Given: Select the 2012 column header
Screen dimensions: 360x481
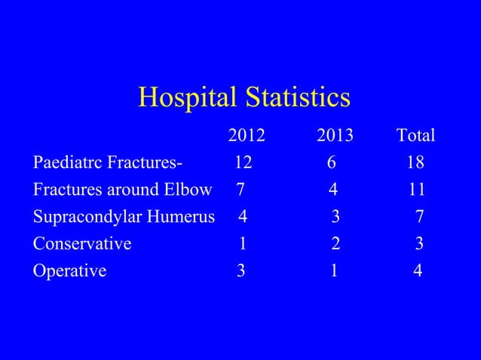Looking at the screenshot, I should click(x=247, y=136).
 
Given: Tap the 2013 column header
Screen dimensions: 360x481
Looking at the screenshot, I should click(x=335, y=136).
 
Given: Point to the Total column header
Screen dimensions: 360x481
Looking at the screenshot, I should click(x=416, y=136).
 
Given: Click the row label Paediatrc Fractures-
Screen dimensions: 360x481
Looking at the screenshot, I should click(x=108, y=163).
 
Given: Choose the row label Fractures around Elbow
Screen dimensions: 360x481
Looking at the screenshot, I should click(x=122, y=190).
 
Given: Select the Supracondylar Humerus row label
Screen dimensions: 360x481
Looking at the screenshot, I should click(x=124, y=217).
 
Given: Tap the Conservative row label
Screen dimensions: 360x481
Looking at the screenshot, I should click(x=82, y=244).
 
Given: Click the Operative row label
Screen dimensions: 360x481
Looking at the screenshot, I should click(x=69, y=271).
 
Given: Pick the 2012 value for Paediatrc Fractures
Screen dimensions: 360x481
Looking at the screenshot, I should click(x=243, y=163).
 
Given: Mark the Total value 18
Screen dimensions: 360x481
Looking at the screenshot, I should click(x=415, y=163).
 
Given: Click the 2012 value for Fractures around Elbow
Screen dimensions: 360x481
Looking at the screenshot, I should click(x=240, y=190).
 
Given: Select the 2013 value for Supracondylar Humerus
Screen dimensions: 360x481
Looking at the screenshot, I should click(x=335, y=217).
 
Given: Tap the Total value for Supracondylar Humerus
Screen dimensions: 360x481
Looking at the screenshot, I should click(x=419, y=217).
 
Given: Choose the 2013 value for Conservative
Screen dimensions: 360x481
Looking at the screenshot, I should click(x=335, y=244).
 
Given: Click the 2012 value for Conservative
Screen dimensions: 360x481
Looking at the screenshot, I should click(x=243, y=244).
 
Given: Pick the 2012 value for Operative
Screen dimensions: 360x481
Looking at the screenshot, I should click(x=240, y=271).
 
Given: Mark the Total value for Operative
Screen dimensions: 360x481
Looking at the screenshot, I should click(x=418, y=271).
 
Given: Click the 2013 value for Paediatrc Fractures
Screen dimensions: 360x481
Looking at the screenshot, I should click(x=331, y=163).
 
